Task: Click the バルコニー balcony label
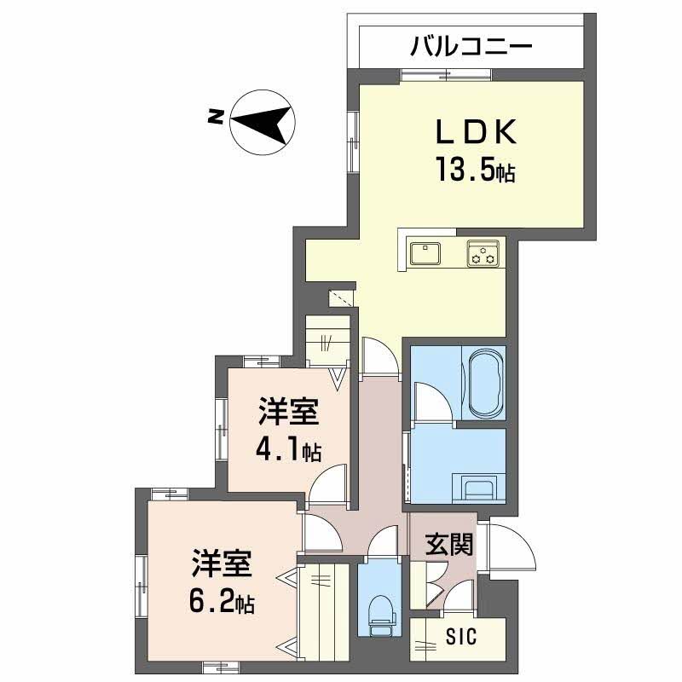coord(471,47)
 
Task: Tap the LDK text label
coord(477,131)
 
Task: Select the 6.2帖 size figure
coord(222,602)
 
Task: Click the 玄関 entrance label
coord(449,543)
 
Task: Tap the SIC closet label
coord(461,637)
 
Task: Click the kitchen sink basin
coord(425,253)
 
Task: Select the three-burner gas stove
coord(483,253)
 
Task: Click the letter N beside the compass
coord(216,117)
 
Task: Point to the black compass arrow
coord(261,123)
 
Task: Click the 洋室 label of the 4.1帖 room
coord(289,411)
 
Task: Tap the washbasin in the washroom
coord(478,488)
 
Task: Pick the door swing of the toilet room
coord(382,540)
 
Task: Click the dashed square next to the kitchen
coord(341,298)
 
